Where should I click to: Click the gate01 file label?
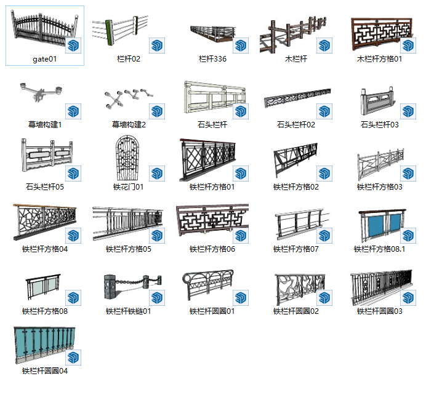(x=45, y=60)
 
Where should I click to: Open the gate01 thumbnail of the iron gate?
(x=43, y=29)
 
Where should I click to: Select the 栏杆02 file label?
(x=129, y=60)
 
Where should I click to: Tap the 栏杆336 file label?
(x=212, y=60)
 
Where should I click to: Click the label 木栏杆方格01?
(x=380, y=60)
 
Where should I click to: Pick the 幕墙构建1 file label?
(x=45, y=125)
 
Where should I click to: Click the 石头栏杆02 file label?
(x=296, y=125)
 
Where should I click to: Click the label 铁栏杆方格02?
(x=296, y=187)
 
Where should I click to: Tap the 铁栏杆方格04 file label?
(x=45, y=249)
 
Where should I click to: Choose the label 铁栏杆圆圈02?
(x=296, y=311)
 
